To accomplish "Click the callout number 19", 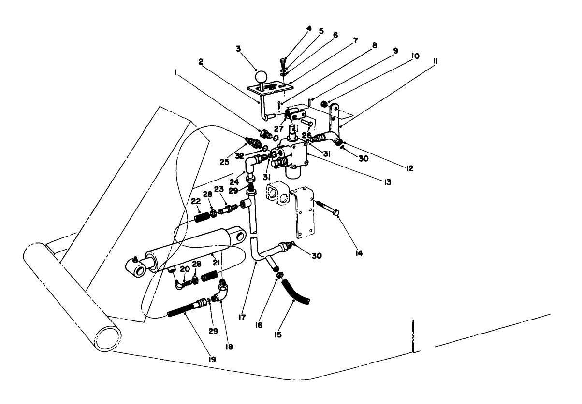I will point(199,359).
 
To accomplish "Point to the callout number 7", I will point(356,41).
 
